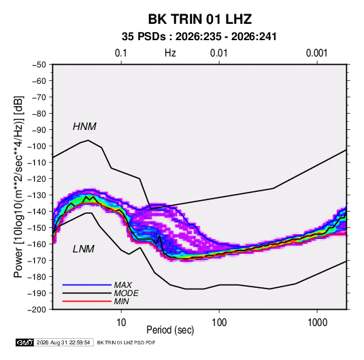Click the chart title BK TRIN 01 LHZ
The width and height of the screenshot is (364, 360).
(200, 19)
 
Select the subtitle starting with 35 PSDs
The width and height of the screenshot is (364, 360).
(199, 37)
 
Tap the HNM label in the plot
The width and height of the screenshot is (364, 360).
(84, 127)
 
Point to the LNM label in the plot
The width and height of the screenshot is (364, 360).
(84, 249)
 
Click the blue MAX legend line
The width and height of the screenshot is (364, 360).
(87, 284)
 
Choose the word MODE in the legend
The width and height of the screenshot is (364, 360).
(127, 293)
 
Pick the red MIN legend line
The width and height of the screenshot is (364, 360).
(87, 301)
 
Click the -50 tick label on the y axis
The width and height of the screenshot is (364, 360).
(39, 65)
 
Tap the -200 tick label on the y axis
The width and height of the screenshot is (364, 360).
(37, 310)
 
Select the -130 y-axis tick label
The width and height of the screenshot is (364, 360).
(37, 195)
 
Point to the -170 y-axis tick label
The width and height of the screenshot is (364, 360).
(37, 261)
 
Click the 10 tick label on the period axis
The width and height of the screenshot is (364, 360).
(121, 323)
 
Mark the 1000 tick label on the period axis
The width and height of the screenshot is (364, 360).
(317, 323)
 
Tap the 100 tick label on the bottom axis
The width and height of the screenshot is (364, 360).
(219, 323)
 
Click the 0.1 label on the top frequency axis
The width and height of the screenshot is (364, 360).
(121, 53)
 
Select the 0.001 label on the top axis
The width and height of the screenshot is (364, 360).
(316, 53)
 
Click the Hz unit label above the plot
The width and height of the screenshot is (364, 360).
(170, 53)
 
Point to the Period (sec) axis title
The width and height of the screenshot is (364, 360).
(170, 330)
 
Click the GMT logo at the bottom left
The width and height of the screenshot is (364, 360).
(25, 342)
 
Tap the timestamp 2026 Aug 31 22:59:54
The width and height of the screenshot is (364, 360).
(63, 342)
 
